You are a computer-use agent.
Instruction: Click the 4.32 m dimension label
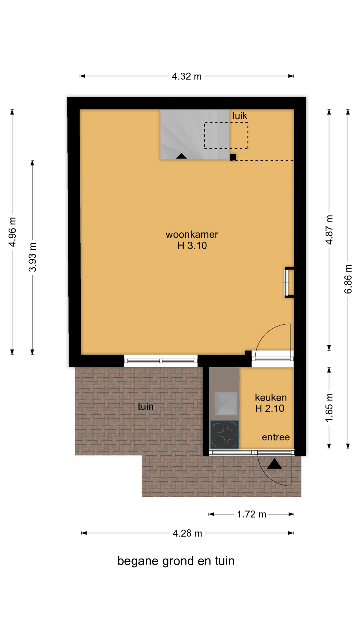tap(187, 76)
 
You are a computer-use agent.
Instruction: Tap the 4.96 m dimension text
tap(13, 232)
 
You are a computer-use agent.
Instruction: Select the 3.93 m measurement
tap(32, 257)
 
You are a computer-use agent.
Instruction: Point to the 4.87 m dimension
tap(329, 230)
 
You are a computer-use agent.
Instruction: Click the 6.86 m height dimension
tap(348, 279)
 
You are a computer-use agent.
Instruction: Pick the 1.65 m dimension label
tap(329, 408)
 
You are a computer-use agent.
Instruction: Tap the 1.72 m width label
tap(252, 514)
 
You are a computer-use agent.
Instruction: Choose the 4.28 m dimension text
tap(187, 533)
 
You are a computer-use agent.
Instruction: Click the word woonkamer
tap(192, 234)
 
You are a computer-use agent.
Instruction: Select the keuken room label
tap(271, 397)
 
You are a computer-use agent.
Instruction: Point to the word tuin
tap(146, 406)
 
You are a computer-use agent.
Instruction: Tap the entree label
tap(276, 437)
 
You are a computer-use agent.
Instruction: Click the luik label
tap(240, 116)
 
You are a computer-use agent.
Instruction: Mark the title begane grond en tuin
tap(176, 561)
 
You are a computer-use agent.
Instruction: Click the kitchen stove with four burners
tap(224, 434)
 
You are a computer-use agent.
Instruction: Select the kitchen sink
tap(226, 404)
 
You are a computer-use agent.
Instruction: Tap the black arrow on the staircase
tap(181, 156)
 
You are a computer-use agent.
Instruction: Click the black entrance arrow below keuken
tap(274, 464)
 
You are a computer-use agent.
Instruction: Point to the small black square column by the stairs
tap(233, 157)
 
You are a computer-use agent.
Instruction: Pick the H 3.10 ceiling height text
tap(192, 246)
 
